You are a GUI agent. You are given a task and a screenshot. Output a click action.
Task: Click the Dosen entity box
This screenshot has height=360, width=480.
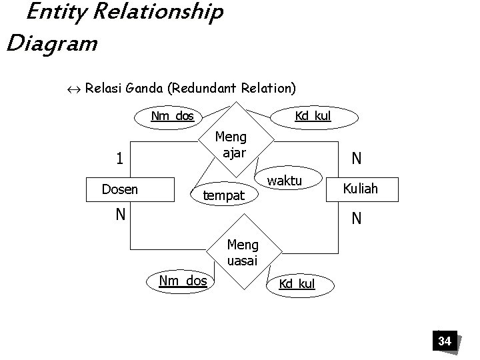point(130,189)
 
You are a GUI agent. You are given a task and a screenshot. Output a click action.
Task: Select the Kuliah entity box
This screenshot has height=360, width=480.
point(360,188)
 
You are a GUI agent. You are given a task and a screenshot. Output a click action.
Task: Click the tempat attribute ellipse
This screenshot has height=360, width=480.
point(224,196)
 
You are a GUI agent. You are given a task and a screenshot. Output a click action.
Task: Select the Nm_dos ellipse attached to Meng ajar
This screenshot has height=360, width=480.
point(173,117)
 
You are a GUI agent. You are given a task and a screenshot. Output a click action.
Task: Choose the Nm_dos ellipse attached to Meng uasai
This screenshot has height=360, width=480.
point(183,281)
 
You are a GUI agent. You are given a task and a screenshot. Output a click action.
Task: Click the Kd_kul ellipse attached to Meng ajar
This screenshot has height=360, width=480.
point(313,117)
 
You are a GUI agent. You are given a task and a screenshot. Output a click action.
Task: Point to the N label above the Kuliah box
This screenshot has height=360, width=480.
point(357,158)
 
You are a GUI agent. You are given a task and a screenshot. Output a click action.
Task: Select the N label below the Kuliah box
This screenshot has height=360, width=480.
point(357,217)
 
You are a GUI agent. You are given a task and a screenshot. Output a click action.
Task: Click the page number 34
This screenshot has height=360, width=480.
point(444,341)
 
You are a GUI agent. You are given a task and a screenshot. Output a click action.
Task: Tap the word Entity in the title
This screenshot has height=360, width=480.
point(50,12)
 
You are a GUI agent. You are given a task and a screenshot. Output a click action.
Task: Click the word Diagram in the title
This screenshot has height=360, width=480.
point(51,43)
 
